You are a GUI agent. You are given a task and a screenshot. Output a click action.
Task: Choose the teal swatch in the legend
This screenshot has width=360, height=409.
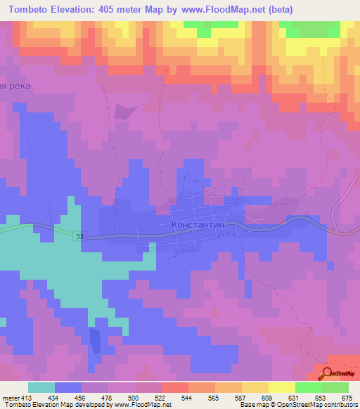coord(41,387)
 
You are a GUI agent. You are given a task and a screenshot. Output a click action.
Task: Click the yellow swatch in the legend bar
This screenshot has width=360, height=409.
coord(281,387)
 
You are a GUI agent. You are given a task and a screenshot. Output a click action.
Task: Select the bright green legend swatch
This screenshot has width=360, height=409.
coord(308,387)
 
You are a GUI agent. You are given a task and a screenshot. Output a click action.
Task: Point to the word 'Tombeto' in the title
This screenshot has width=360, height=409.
coord(31,9)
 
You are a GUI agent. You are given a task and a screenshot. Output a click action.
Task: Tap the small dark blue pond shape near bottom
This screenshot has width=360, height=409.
coord(96,340)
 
